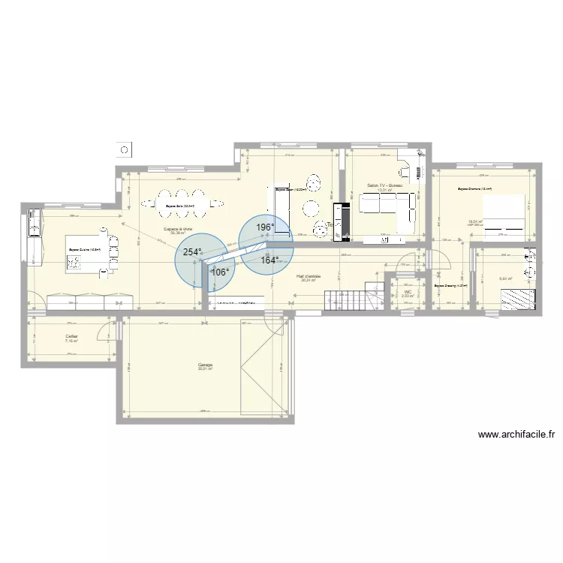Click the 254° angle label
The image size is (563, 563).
point(192,253)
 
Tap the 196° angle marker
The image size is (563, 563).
point(263,227)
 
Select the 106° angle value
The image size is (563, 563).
point(220,272)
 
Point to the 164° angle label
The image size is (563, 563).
point(269,260)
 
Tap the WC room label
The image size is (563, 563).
point(408,293)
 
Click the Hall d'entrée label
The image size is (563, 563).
point(309,277)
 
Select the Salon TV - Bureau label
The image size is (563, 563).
point(385,185)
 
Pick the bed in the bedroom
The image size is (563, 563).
point(504,215)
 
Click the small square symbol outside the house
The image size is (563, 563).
point(125,149)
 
